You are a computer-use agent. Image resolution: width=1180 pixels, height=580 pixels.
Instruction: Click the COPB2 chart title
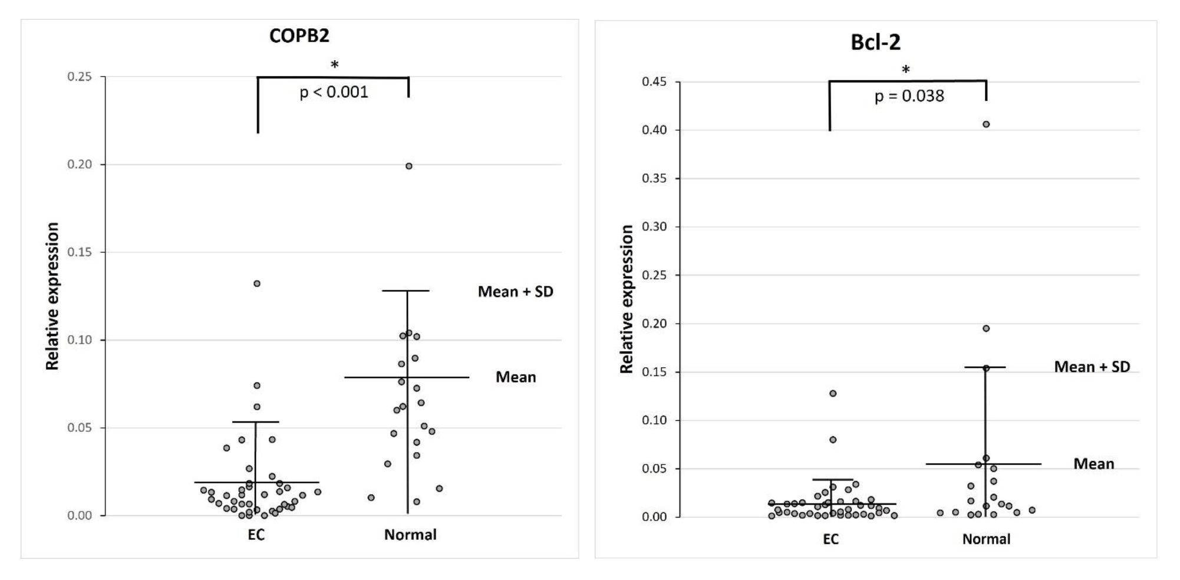coord(299,36)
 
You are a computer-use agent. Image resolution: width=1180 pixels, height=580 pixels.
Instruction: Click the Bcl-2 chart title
coord(875,42)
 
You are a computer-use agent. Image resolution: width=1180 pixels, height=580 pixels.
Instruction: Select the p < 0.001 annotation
coord(334,93)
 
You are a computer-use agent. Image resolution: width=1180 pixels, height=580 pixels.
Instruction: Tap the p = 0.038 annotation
coord(909,96)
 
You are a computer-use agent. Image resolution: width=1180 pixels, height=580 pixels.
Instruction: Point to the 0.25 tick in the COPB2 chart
coord(80,77)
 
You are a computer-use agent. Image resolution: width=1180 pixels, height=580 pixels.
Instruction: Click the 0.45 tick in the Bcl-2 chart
coord(654,82)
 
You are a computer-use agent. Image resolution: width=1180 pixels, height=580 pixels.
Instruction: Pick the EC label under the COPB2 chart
coord(256,535)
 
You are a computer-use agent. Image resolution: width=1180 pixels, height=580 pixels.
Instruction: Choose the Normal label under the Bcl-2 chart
coord(986,539)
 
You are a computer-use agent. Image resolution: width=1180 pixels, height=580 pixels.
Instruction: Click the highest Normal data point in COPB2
coord(409,166)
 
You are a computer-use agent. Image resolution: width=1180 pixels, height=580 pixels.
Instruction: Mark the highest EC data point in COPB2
coord(257,284)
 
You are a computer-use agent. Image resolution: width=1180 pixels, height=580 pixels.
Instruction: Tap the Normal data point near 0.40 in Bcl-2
coord(986,124)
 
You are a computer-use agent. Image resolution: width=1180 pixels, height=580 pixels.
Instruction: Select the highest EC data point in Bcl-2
coord(833,393)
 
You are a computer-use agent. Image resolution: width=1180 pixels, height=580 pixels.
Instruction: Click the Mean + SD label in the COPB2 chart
coord(515,292)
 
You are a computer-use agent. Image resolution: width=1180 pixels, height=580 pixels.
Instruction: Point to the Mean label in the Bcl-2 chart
coord(1093,464)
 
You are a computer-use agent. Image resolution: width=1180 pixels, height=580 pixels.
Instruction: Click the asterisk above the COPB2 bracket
coord(335,65)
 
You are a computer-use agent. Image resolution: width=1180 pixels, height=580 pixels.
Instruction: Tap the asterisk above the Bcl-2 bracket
coord(906,70)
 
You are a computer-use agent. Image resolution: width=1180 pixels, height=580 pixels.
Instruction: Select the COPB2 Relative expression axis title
coord(52,296)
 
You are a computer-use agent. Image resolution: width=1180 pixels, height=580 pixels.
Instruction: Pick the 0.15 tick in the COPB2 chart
coord(80,252)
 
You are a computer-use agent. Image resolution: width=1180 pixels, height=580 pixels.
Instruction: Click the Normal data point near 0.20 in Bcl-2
coord(986,328)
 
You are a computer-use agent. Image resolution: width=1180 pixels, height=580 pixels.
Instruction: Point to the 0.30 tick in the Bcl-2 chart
coord(654,227)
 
